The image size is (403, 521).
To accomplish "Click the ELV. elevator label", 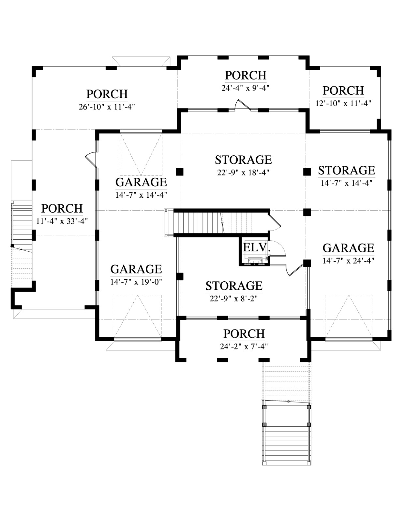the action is pyautogui.click(x=256, y=247).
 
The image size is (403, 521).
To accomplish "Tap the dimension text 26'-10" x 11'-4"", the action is pyautogui.click(x=107, y=107).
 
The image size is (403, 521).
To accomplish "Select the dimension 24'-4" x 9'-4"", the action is pyautogui.click(x=245, y=88).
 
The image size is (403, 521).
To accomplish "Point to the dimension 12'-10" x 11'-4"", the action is pyautogui.click(x=343, y=103).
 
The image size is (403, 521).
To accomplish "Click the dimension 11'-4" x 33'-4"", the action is pyautogui.click(x=62, y=221).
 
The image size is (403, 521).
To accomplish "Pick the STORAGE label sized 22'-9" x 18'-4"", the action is pyautogui.click(x=243, y=160).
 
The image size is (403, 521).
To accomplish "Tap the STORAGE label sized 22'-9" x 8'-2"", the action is pyautogui.click(x=234, y=286).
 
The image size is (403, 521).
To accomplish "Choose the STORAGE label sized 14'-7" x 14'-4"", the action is pyautogui.click(x=346, y=170).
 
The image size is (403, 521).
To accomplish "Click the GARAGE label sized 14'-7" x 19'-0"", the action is pyautogui.click(x=136, y=269).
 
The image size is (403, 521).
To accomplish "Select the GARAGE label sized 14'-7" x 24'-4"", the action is pyautogui.click(x=348, y=248).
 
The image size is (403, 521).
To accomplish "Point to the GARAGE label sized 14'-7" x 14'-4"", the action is pyautogui.click(x=141, y=182).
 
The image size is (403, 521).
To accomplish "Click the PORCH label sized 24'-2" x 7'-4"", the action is pyautogui.click(x=244, y=333).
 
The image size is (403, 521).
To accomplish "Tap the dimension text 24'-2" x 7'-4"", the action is pyautogui.click(x=244, y=346).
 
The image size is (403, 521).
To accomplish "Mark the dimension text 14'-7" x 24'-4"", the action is pyautogui.click(x=348, y=260).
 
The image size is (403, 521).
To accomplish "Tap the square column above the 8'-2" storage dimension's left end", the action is pyautogui.click(x=180, y=276).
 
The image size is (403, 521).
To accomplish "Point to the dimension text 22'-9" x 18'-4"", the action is pyautogui.click(x=243, y=172).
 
